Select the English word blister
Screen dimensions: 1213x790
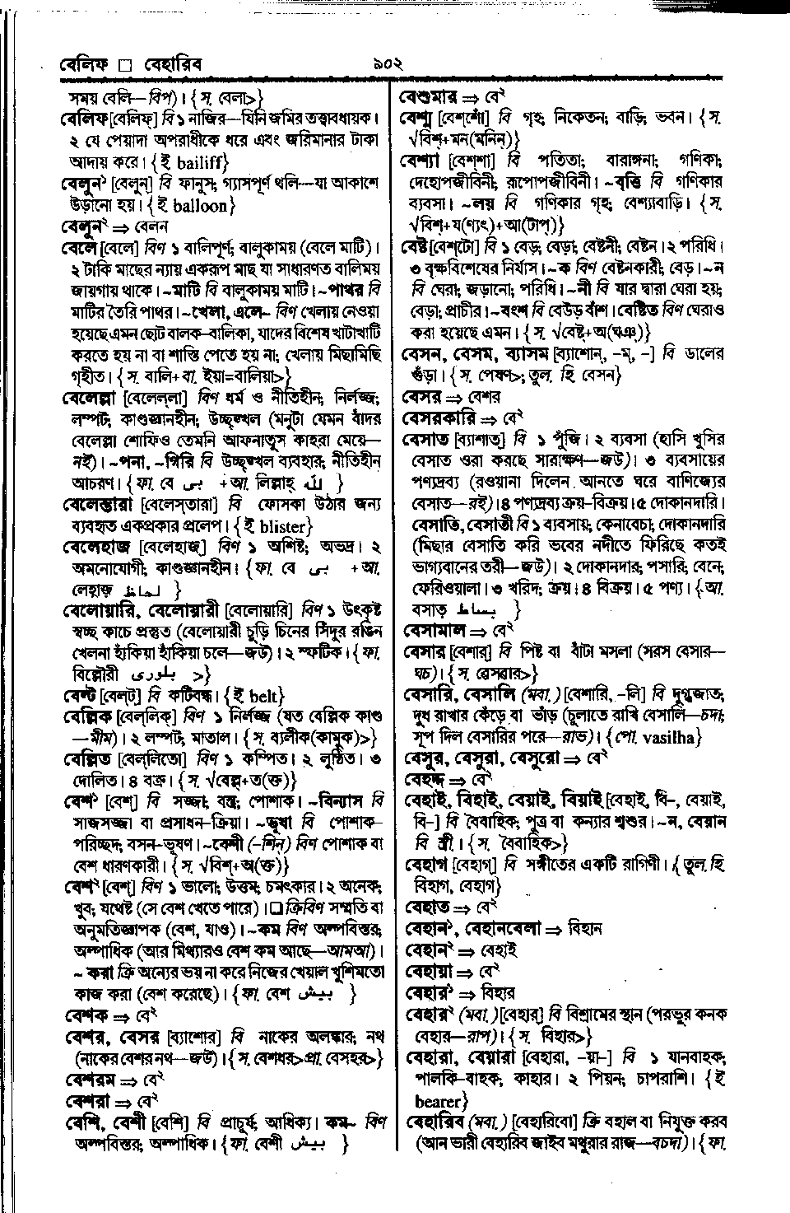pyautogui.click(x=272, y=526)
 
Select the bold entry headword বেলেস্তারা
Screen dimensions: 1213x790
pyautogui.click(x=97, y=504)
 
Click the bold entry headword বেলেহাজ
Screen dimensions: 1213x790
pyautogui.click(x=92, y=547)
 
